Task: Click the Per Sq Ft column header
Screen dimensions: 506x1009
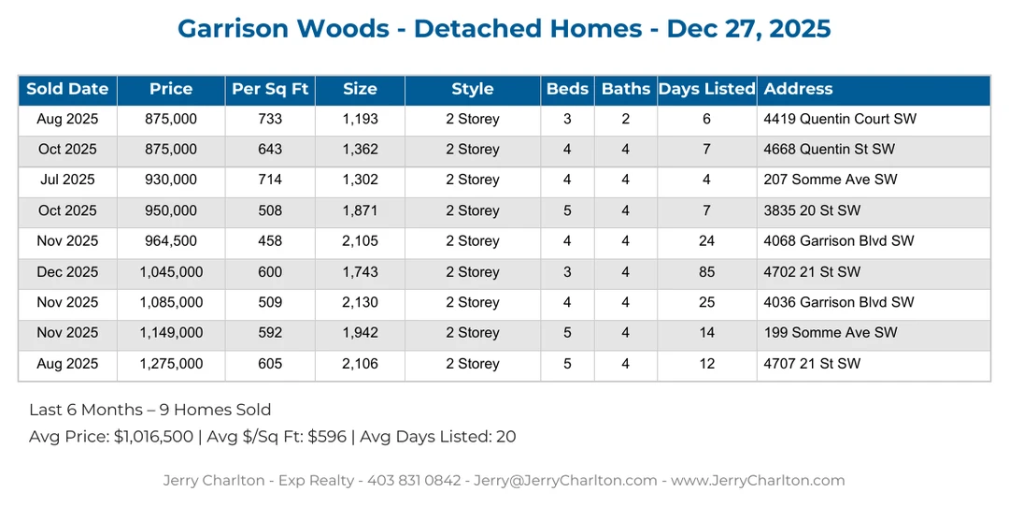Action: tap(270, 90)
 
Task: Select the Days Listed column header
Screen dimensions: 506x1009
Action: tap(706, 90)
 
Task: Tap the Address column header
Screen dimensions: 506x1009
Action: tap(798, 90)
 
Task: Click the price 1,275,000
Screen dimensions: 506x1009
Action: tap(171, 364)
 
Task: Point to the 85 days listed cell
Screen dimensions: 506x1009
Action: tap(706, 272)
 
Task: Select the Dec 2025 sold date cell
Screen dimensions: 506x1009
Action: tap(67, 272)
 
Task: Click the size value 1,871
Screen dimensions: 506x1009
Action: tap(360, 210)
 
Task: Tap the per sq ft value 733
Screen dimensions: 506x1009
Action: tap(270, 119)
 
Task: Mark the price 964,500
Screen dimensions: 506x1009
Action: tap(171, 241)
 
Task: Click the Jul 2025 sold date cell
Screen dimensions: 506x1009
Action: tap(67, 180)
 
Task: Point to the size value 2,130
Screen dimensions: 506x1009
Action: tap(360, 303)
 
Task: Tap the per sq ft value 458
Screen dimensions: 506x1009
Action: tap(270, 241)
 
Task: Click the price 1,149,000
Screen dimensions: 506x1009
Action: tap(171, 333)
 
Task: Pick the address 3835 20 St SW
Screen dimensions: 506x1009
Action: tap(812, 210)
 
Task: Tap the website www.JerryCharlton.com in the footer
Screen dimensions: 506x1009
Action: tap(758, 481)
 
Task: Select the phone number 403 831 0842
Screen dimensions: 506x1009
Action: tap(415, 481)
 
